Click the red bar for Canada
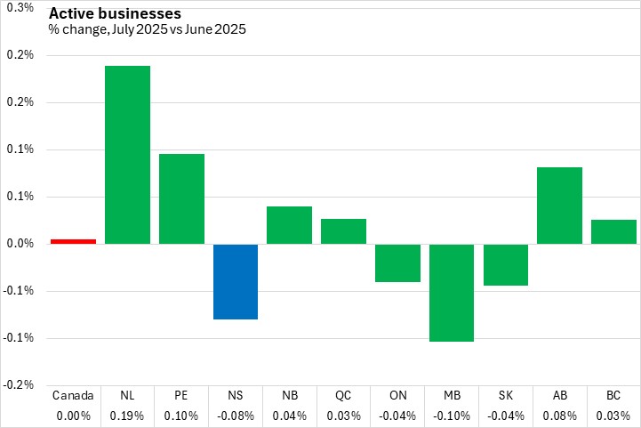(x=73, y=241)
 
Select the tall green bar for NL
(x=127, y=155)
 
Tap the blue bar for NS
(x=236, y=281)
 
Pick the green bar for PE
(x=181, y=198)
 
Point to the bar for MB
(x=452, y=293)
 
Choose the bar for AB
(x=560, y=206)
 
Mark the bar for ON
(x=397, y=263)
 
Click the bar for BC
(x=614, y=231)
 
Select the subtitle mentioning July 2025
(x=148, y=29)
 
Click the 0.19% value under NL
(x=127, y=415)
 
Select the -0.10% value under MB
(x=452, y=415)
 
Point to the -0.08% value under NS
(x=236, y=415)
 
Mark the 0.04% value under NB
(x=290, y=415)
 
